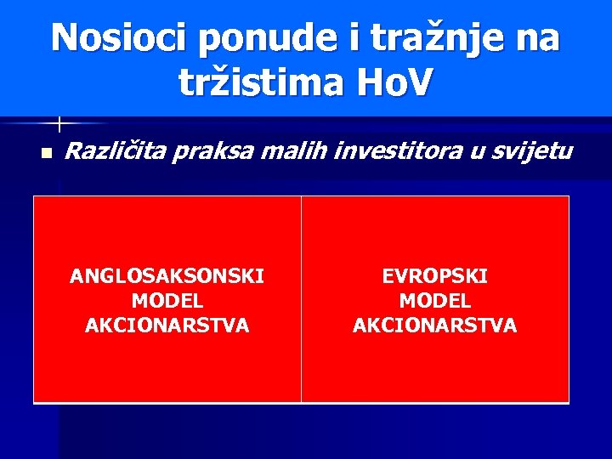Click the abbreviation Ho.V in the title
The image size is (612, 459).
coord(394,82)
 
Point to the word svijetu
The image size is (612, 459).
coord(531,152)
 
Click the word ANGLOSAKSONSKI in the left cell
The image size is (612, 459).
coord(167,276)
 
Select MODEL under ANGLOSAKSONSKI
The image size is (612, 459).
coord(167,301)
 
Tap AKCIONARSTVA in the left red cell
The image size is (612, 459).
coord(167,326)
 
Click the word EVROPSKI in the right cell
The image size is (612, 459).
coord(434,276)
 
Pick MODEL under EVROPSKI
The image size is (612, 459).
coord(434,301)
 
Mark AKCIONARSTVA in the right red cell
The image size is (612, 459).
coord(434,326)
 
